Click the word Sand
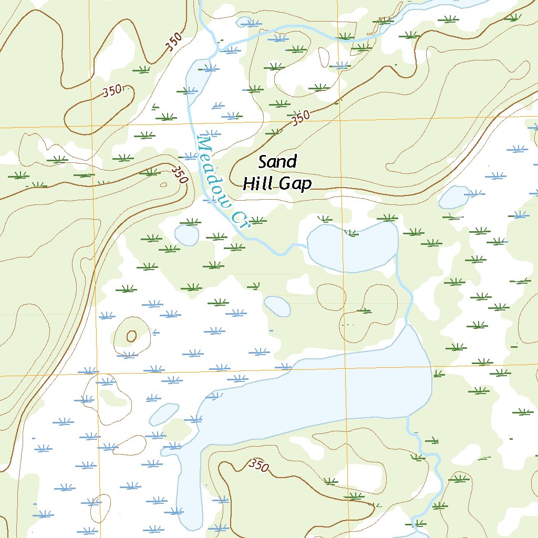pos(277,162)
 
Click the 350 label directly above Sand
pos(300,118)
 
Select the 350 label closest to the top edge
pos(174,42)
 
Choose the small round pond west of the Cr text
pos(187,234)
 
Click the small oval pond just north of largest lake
pos(277,306)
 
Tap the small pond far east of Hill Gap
pos(453,197)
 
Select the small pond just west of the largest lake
pos(164,414)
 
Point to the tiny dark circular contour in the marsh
pos(131,336)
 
